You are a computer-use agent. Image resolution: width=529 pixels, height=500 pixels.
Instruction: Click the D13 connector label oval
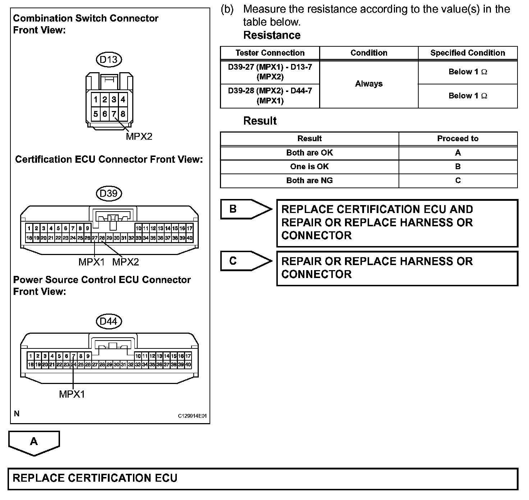pos(109,60)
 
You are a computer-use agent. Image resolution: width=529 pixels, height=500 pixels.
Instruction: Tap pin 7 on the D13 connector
pos(114,114)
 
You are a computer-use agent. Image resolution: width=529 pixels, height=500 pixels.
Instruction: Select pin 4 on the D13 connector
pos(123,99)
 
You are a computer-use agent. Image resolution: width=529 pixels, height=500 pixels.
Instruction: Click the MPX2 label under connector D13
pos(139,136)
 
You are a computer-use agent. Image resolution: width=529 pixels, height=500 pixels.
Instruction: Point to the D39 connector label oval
pos(109,194)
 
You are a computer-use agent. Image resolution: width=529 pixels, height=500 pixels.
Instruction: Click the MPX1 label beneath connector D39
pos(91,262)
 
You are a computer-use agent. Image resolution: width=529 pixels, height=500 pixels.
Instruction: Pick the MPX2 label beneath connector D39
pos(125,262)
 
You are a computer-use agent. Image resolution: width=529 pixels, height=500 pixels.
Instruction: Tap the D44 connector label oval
pos(109,321)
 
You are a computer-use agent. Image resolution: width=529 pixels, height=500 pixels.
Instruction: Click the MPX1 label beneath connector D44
pos(72,394)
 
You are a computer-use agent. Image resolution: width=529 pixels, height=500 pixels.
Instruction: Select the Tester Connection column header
pos(270,53)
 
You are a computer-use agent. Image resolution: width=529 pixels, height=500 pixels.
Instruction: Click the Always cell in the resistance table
pos(369,84)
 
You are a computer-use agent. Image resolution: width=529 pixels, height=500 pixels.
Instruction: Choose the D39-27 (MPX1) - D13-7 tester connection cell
pos(270,72)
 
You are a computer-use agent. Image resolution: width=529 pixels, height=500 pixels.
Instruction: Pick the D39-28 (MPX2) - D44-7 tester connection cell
pos(270,96)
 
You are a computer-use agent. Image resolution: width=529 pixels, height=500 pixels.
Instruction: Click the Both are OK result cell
pos(309,153)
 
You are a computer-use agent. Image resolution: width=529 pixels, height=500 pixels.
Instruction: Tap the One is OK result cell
pos(309,167)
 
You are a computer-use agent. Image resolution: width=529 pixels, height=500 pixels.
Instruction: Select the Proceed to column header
pos(457,139)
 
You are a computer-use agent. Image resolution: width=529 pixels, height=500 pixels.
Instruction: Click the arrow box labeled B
pos(246,209)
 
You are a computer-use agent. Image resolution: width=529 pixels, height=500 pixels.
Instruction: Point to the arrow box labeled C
pos(246,261)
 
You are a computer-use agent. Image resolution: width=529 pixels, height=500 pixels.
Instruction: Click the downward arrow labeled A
pos(34,443)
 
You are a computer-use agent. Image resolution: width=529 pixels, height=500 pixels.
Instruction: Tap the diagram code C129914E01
pos(193,416)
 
